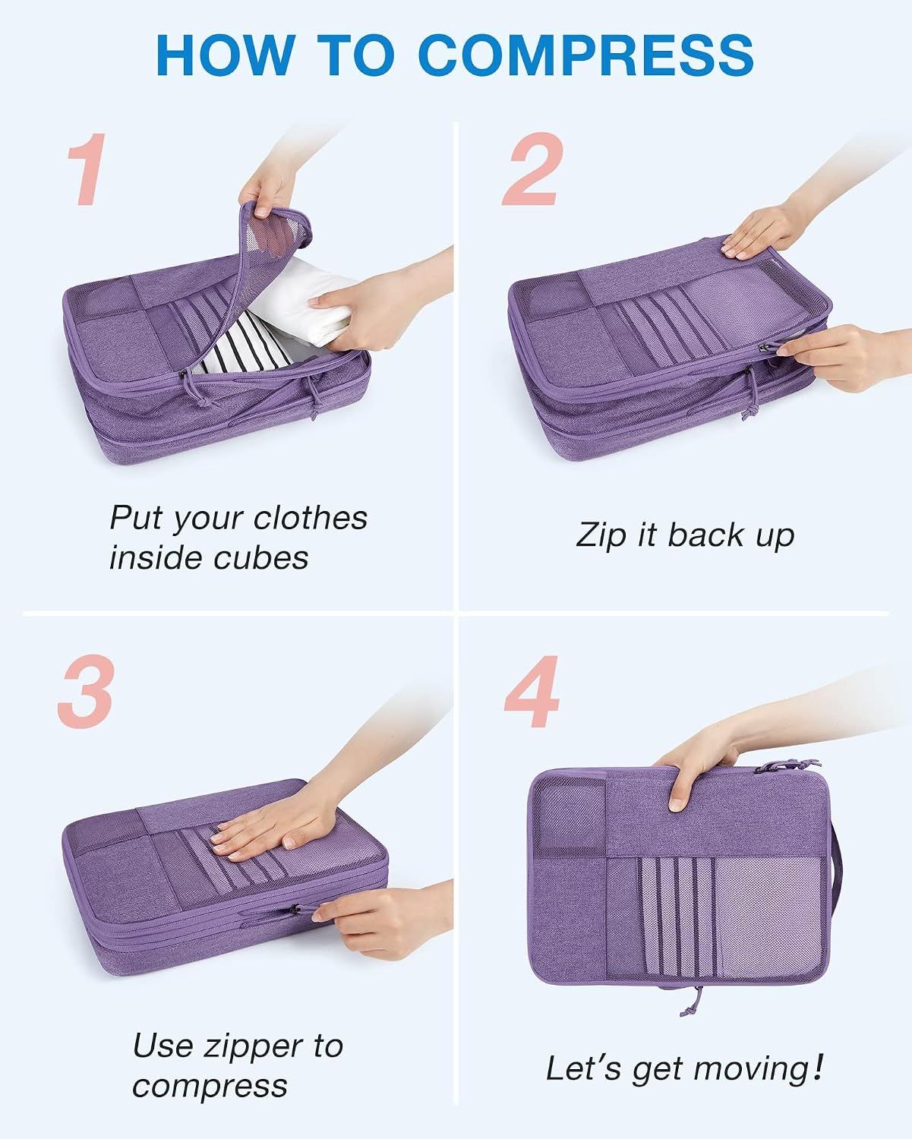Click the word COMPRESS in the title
point(586,55)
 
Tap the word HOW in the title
point(226,55)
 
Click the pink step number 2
point(532,169)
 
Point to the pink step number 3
point(86,691)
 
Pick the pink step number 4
point(532,691)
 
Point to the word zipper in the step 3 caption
point(254,1048)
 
